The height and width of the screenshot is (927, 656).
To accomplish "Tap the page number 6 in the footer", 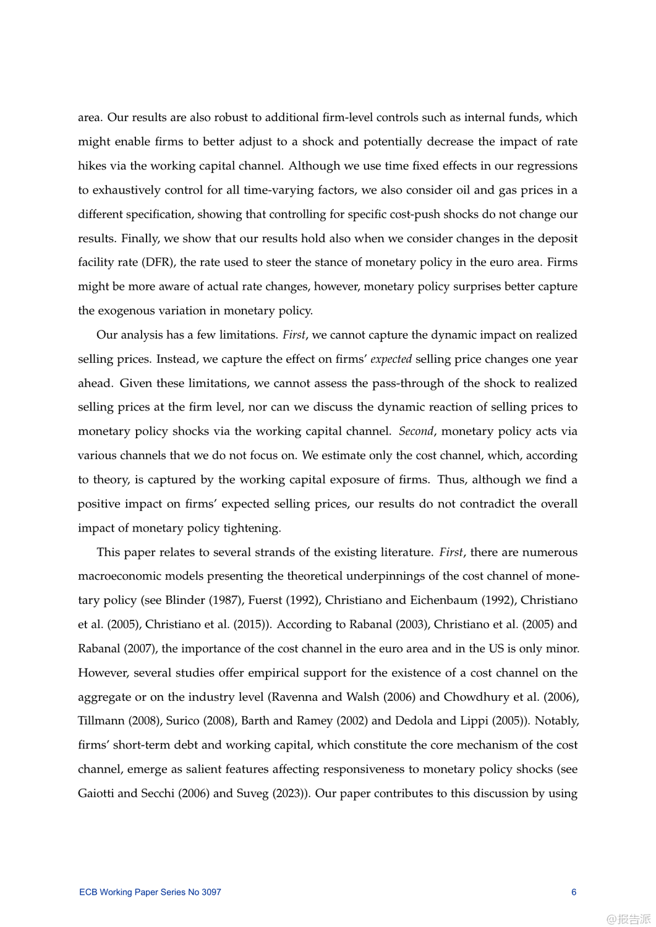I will [x=574, y=892].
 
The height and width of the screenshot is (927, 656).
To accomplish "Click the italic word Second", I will [x=416, y=431].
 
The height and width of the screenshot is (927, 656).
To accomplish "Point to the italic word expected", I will [x=391, y=359].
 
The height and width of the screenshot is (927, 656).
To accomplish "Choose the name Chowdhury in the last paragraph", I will [x=476, y=696].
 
